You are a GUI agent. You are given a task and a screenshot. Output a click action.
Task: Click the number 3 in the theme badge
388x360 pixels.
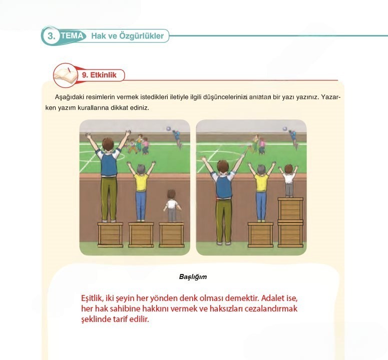pyautogui.click(x=51, y=36)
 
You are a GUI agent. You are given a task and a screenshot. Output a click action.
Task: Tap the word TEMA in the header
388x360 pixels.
pyautogui.click(x=72, y=35)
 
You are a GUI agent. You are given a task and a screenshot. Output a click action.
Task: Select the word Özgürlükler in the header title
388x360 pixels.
pyautogui.click(x=141, y=36)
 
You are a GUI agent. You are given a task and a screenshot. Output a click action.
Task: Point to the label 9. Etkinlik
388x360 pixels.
pyautogui.click(x=99, y=75)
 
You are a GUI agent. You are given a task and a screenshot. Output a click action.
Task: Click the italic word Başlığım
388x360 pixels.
pyautogui.click(x=193, y=276)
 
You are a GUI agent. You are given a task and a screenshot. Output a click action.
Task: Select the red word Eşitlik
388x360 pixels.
pyautogui.click(x=92, y=298)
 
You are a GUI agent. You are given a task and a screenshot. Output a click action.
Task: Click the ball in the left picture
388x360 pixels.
pyautogui.click(x=169, y=128)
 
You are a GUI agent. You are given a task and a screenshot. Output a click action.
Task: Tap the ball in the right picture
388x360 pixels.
pyautogui.click(x=285, y=128)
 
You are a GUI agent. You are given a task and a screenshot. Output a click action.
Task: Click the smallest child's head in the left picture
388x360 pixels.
pyautogui.click(x=171, y=194)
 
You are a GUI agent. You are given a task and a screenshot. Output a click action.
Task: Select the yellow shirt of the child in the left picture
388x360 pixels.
pyautogui.click(x=141, y=182)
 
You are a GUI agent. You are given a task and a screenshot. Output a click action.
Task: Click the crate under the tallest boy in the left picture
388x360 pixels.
pyautogui.click(x=110, y=235)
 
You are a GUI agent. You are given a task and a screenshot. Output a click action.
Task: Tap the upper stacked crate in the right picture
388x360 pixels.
pyautogui.click(x=290, y=209)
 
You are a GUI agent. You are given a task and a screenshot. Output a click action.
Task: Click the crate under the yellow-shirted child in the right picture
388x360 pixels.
pyautogui.click(x=260, y=234)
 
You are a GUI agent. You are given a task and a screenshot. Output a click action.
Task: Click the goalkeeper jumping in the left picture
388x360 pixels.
pyautogui.click(x=177, y=138)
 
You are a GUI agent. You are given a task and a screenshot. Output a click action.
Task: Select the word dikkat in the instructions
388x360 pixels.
pyautogui.click(x=120, y=108)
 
